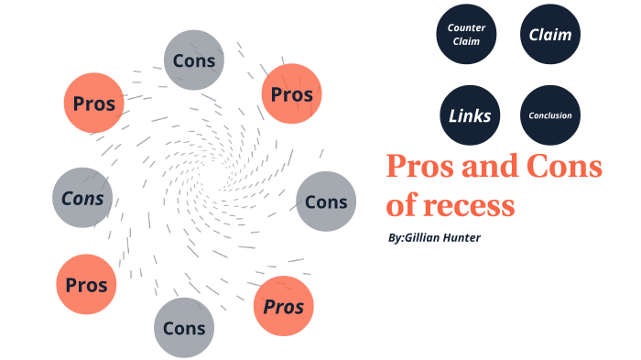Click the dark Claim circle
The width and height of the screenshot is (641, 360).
tap(550, 36)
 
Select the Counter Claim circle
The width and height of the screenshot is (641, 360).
tap(466, 36)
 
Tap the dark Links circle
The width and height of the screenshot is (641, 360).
tap(470, 116)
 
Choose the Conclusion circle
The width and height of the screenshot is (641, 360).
tap(550, 116)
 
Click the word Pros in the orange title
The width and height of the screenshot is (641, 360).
tap(419, 167)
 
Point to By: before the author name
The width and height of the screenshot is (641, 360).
tap(396, 238)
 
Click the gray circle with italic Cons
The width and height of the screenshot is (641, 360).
tap(82, 198)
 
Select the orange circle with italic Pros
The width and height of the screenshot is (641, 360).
tap(284, 306)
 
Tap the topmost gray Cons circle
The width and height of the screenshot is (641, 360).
tap(194, 60)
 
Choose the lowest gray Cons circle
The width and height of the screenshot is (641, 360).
tap(184, 327)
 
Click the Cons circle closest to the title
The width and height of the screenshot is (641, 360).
tap(326, 202)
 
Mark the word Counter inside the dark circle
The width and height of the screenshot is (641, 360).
tap(466, 28)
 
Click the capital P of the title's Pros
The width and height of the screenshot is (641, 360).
tap(396, 167)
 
